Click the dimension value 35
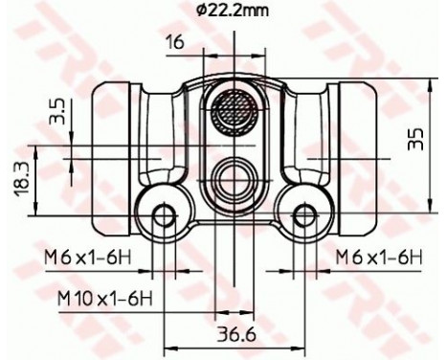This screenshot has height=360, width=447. [x=413, y=140]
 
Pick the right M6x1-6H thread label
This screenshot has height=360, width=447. [x=379, y=256]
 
